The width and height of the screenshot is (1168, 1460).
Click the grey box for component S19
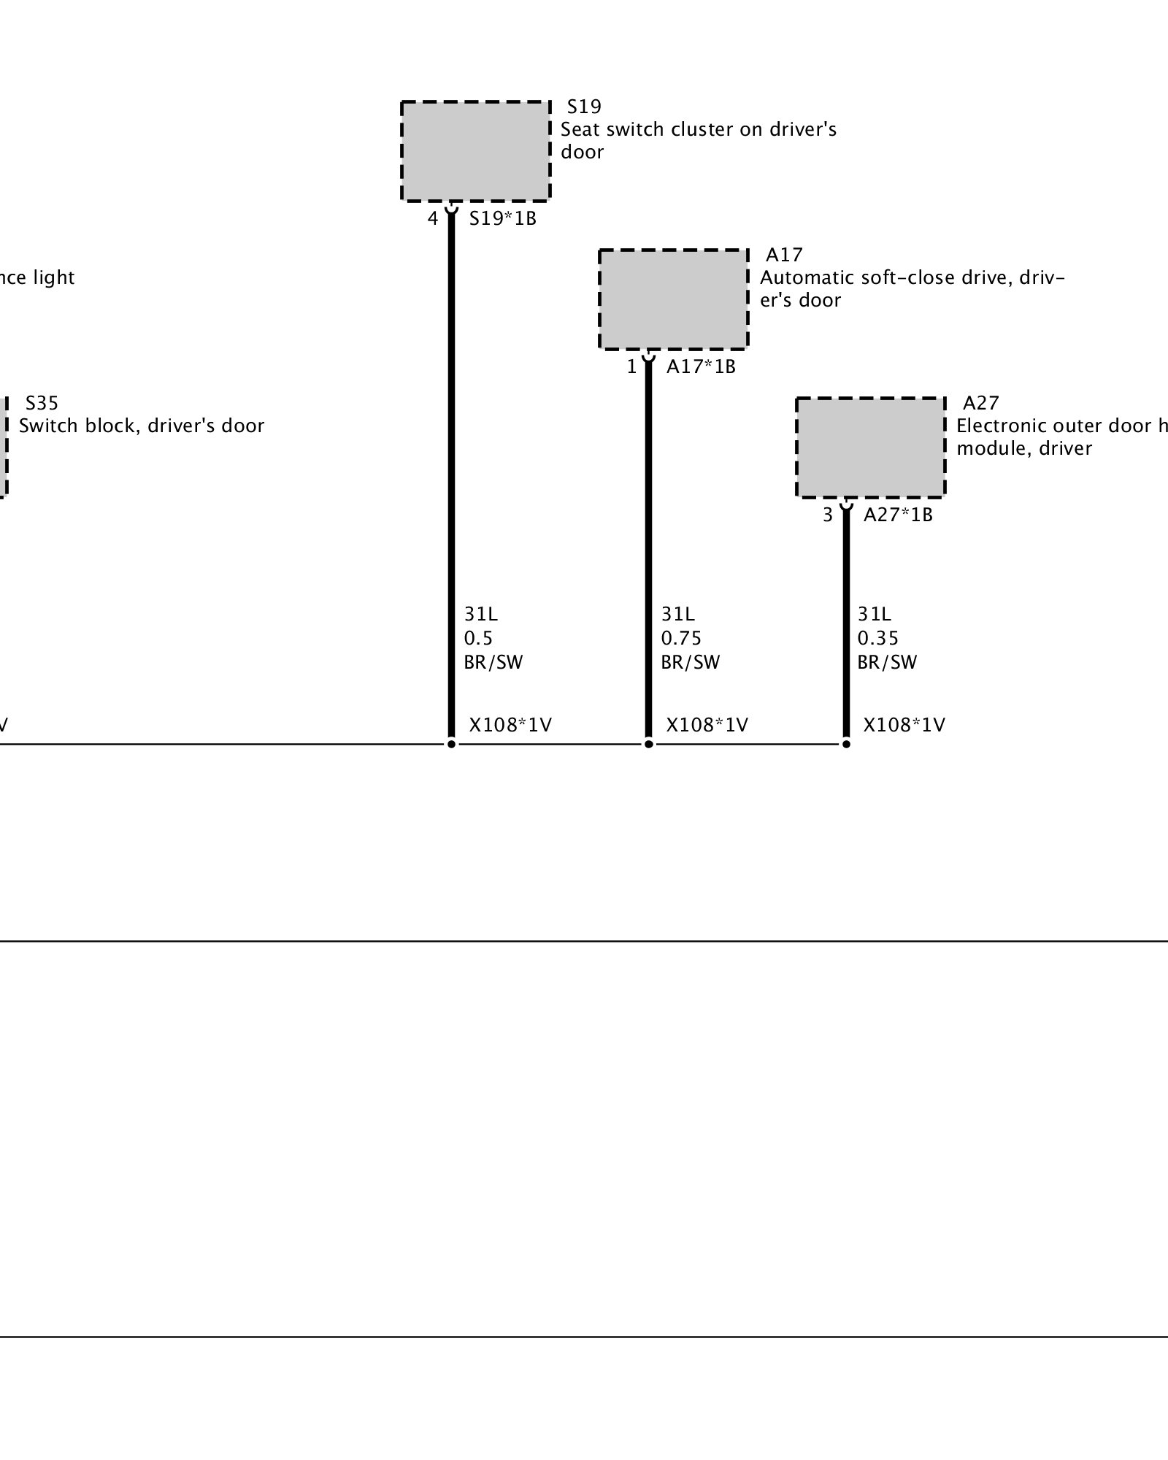[x=475, y=151]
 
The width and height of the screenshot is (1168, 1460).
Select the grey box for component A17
[x=673, y=299]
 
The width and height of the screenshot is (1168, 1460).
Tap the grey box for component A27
[x=870, y=447]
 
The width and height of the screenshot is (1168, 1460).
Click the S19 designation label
[x=584, y=107]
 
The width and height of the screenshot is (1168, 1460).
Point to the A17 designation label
[x=784, y=255]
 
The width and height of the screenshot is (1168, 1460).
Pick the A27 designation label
[x=980, y=404]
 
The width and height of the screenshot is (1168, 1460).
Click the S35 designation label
[x=42, y=404]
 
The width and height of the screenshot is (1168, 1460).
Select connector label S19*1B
[x=502, y=219]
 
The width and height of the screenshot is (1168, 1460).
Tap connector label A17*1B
[x=701, y=367]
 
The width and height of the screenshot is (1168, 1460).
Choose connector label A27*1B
[x=898, y=515]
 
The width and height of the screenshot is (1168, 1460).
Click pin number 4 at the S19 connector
[x=433, y=219]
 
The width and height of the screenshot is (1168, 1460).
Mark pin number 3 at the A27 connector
[x=827, y=515]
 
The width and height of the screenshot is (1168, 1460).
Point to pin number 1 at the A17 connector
[x=631, y=367]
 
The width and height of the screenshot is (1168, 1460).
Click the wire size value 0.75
[x=680, y=639]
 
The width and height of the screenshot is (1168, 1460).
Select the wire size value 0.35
[x=877, y=639]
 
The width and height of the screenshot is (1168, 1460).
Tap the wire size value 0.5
[x=478, y=639]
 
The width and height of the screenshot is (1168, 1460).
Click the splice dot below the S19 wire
[x=451, y=744]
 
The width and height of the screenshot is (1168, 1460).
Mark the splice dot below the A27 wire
[x=846, y=744]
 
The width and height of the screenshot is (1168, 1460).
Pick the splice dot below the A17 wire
[x=648, y=744]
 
